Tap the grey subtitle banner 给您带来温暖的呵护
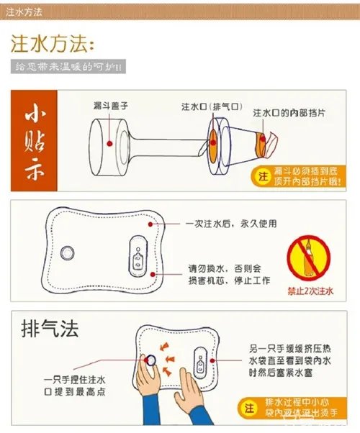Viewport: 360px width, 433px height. pyautogui.click(x=69, y=67)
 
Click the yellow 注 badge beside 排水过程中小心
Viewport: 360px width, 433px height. pyautogui.click(x=250, y=407)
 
